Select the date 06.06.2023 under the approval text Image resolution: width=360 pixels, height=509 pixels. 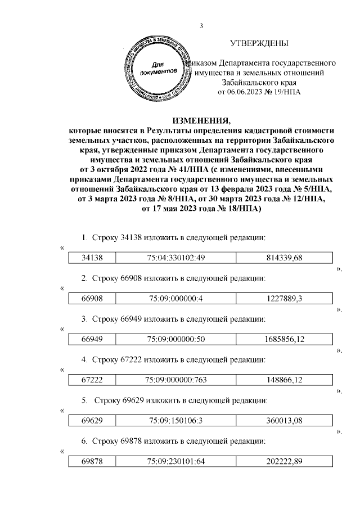coord(244,92)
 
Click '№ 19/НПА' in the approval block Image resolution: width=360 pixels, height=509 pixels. coord(285,92)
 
